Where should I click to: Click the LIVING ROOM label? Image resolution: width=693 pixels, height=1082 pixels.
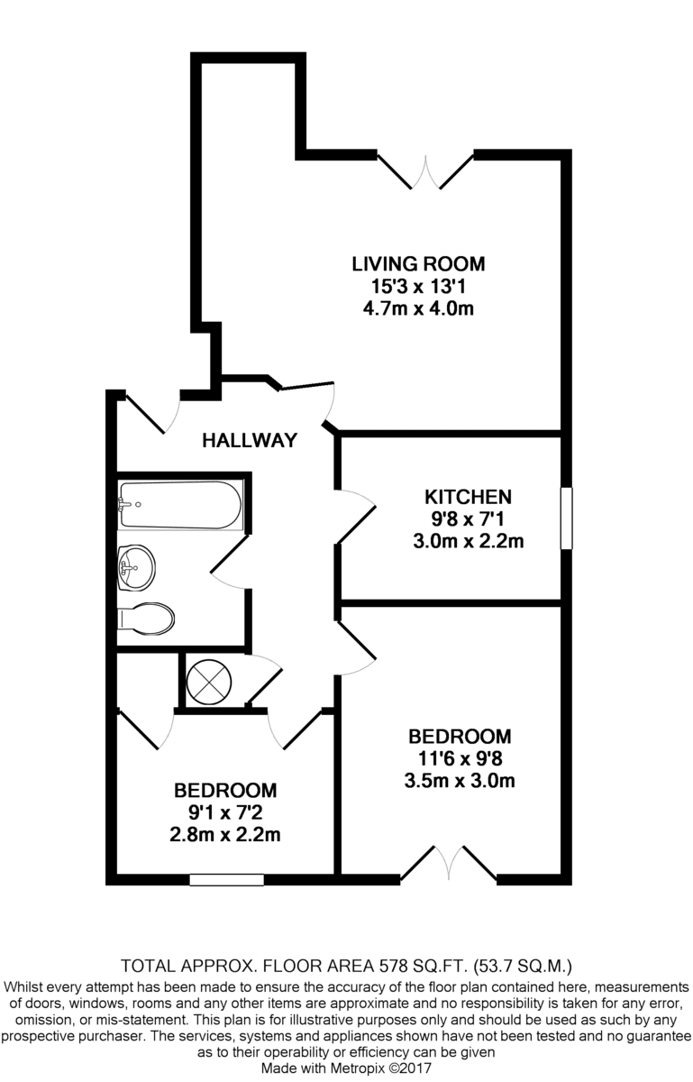[418, 264]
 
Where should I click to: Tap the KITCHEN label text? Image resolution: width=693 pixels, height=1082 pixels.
[468, 497]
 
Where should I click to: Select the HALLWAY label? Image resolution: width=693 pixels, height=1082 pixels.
[250, 441]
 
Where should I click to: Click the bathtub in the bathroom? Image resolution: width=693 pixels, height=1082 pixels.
[180, 505]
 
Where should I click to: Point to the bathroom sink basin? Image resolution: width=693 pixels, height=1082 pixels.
[137, 567]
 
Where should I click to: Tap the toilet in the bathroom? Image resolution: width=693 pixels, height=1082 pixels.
[146, 619]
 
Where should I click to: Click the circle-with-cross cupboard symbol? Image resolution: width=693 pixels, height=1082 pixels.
[209, 683]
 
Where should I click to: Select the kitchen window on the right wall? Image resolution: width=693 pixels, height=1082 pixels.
[566, 518]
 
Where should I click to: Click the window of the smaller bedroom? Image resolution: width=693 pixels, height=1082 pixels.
[226, 880]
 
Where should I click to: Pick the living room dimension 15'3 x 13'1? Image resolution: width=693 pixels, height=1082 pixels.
[418, 287]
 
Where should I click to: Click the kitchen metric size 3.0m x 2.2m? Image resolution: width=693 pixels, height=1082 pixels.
[468, 541]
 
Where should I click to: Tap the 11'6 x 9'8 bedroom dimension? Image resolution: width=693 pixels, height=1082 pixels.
[460, 759]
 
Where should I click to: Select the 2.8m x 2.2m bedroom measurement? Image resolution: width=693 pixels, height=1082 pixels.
[225, 835]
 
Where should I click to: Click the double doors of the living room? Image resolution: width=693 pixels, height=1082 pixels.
[425, 171]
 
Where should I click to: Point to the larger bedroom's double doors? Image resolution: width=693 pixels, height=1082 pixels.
[449, 863]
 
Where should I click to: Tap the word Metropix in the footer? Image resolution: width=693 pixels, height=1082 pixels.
[360, 1068]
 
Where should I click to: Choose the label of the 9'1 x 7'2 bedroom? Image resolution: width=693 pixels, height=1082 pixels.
[225, 791]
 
